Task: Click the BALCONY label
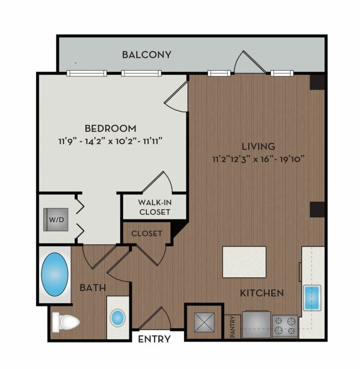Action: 147,55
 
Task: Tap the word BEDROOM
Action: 111,129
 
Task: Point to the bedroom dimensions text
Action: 111,141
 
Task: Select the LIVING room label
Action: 258,147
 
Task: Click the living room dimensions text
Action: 258,159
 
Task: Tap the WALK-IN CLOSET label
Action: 155,207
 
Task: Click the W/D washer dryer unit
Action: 56,220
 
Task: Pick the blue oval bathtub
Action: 55,275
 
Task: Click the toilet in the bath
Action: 65,322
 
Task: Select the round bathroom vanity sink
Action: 118,318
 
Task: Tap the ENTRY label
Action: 154,339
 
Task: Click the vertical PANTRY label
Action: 232,327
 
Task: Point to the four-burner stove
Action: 285,326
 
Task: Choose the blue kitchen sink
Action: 312,298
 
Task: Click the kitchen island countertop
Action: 244,262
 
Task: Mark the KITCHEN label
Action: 262,293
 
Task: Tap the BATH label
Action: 92,287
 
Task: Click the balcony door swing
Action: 250,62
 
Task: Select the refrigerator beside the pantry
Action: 256,324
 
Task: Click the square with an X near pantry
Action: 204,322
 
